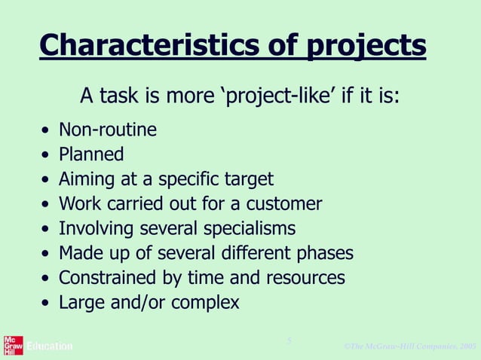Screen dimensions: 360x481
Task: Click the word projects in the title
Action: pos(366,47)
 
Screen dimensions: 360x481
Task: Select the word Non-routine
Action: pos(108,130)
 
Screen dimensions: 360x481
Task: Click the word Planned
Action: pos(91,155)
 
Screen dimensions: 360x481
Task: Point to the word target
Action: pos(249,180)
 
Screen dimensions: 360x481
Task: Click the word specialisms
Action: pos(250,229)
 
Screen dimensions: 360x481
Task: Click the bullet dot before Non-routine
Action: pos(47,132)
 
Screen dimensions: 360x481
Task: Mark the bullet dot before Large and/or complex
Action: pos(47,304)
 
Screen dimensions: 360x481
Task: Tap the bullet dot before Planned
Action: pos(47,156)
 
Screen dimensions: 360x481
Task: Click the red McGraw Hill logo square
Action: pos(13,345)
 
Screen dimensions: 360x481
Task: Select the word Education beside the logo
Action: pos(50,346)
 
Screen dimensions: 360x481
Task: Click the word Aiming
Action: pos(83,180)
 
